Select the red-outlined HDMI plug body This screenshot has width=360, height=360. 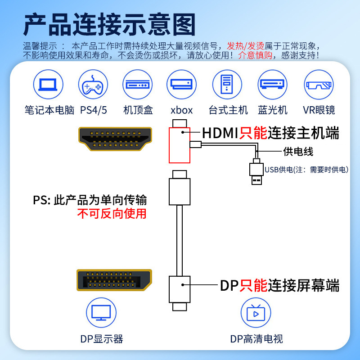coord(179,145)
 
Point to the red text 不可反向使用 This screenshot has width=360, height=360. coord(112,213)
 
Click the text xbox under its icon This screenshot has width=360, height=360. coord(182,110)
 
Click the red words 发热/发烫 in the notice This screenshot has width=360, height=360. coord(245,46)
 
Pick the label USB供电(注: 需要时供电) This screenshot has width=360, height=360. coord(306,170)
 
